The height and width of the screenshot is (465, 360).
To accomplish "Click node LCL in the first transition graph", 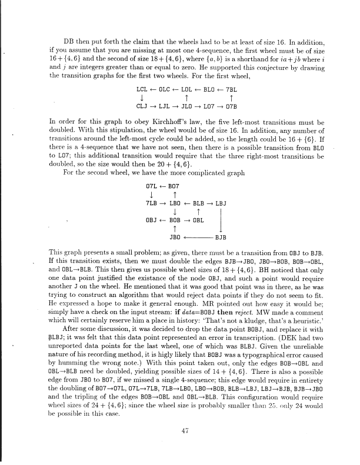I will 141,89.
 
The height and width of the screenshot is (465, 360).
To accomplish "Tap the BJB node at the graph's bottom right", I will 220,238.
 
